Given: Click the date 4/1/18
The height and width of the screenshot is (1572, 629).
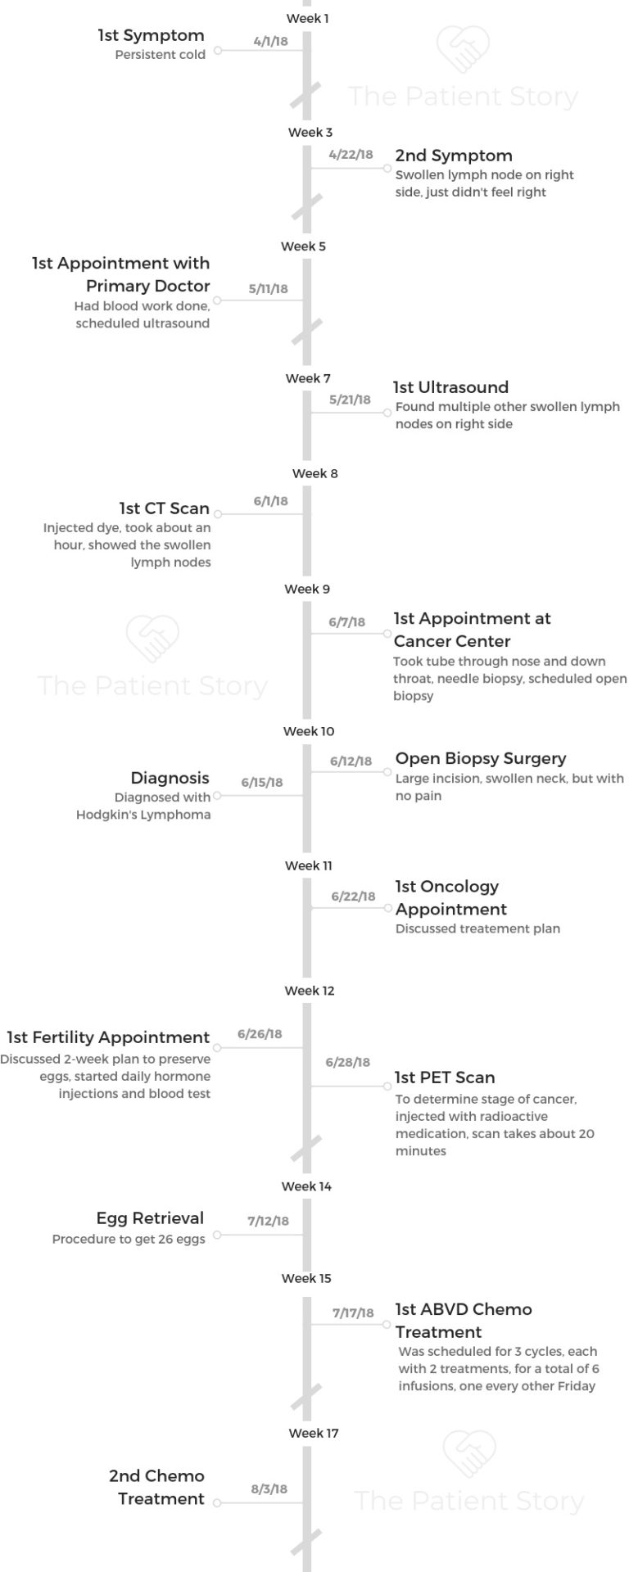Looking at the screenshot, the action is pyautogui.click(x=270, y=41).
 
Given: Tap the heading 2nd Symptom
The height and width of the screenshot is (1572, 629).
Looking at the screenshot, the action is pyautogui.click(x=454, y=156).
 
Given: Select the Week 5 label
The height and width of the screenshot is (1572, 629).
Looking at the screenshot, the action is pyautogui.click(x=303, y=246).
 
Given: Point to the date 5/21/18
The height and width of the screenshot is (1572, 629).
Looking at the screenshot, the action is pyautogui.click(x=350, y=400).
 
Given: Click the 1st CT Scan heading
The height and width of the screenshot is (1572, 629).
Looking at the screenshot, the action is pyautogui.click(x=165, y=508).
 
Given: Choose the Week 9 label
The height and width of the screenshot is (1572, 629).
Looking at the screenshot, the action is pyautogui.click(x=307, y=589).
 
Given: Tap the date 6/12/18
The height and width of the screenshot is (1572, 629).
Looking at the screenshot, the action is pyautogui.click(x=351, y=761).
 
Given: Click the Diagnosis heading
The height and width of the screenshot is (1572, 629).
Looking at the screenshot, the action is pyautogui.click(x=170, y=778).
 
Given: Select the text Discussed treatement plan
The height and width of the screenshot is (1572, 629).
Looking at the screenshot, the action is pyautogui.click(x=477, y=928).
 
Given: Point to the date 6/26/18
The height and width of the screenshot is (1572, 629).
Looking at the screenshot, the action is pyautogui.click(x=260, y=1034).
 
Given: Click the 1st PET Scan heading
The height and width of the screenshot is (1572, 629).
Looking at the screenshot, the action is pyautogui.click(x=445, y=1077).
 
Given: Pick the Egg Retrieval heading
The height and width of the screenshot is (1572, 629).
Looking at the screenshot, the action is pyautogui.click(x=150, y=1218).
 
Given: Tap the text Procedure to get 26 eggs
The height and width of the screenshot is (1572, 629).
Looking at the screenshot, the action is pyautogui.click(x=129, y=1240).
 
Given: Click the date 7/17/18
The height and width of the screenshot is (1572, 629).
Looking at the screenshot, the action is pyautogui.click(x=353, y=1312).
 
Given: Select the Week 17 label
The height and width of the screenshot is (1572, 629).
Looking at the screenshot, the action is pyautogui.click(x=313, y=1433).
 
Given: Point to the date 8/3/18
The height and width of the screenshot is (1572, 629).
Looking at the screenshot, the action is pyautogui.click(x=269, y=1489).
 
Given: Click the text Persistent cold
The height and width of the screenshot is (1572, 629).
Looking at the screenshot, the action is pyautogui.click(x=160, y=55).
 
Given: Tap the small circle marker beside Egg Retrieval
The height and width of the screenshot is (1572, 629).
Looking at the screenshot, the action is pyautogui.click(x=217, y=1235).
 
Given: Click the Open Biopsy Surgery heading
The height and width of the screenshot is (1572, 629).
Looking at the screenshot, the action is pyautogui.click(x=481, y=759).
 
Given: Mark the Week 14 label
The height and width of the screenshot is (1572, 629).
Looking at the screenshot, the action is pyautogui.click(x=306, y=1186).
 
